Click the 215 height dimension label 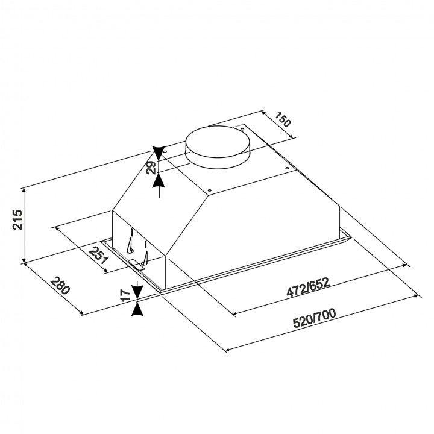(x=17, y=219)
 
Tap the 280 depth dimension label (x=60, y=285)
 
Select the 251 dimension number (x=98, y=255)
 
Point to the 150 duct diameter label (x=283, y=119)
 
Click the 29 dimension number (x=151, y=168)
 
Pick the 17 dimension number (x=126, y=295)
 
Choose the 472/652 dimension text (x=309, y=288)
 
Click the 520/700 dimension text (x=315, y=318)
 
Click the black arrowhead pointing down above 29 (x=159, y=153)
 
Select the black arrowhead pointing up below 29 (x=159, y=180)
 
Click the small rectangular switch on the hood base (x=137, y=265)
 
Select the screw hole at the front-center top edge (x=210, y=190)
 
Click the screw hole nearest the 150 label (x=242, y=129)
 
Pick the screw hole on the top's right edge (x=287, y=168)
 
